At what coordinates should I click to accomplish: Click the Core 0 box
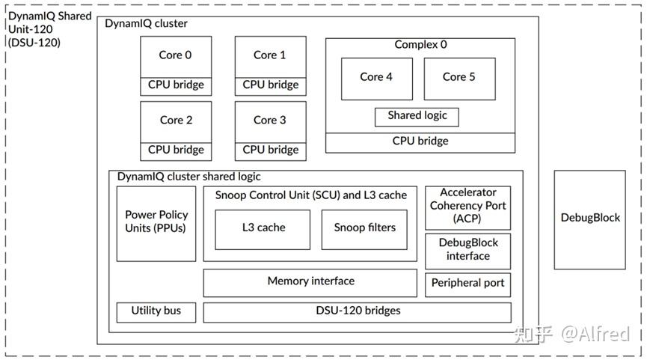pos(176,56)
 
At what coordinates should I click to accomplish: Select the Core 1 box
pos(270,56)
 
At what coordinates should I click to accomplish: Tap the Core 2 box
pos(176,120)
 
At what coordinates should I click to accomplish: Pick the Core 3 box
pos(270,120)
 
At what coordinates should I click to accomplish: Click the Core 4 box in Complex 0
pos(375,78)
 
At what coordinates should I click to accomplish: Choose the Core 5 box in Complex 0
pos(459,78)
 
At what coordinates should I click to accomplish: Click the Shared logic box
pos(417,117)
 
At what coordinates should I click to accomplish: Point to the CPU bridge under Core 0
pos(176,85)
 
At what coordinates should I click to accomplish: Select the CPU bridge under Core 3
pos(270,150)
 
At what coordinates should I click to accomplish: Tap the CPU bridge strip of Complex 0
pos(420,141)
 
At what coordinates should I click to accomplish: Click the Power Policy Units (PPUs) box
pos(156,222)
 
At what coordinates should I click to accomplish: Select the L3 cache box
pos(263,228)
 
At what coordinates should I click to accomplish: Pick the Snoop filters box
pos(364,228)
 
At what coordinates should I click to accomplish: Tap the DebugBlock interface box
pos(468,250)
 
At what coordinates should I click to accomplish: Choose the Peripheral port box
pos(468,284)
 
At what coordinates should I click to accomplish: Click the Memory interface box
pos(310,282)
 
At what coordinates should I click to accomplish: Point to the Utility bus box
pos(156,311)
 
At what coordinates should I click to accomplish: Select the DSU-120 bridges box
pos(358,311)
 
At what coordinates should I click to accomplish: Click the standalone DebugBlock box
pos(590,219)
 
